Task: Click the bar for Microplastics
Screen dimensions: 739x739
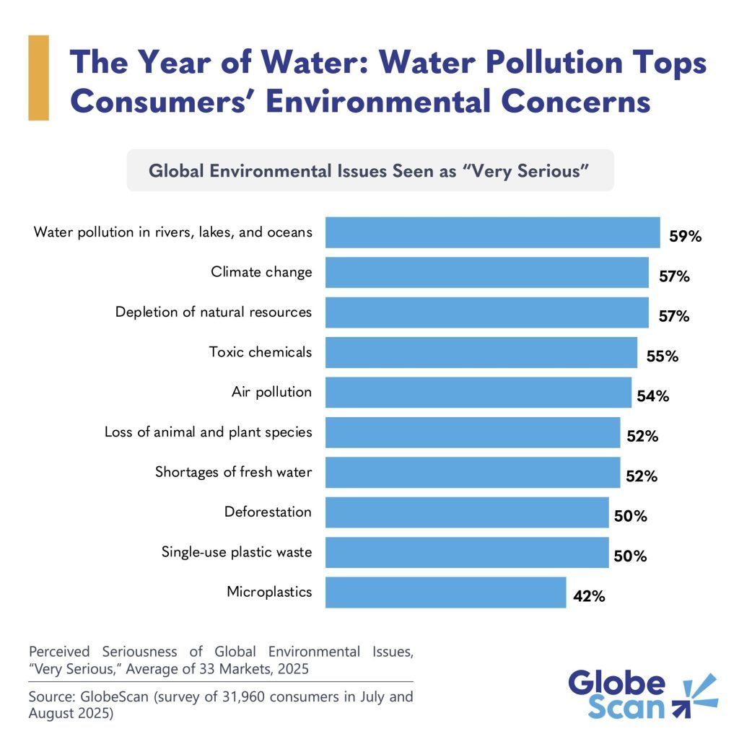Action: click(445, 592)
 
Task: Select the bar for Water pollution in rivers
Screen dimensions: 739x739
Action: click(492, 232)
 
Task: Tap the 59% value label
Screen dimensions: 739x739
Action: click(685, 236)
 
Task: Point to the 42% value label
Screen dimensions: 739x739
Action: click(590, 597)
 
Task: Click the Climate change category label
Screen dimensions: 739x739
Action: click(261, 272)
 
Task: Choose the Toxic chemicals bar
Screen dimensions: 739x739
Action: click(481, 352)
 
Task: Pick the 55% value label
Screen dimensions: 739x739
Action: click(662, 357)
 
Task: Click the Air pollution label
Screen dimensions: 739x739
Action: click(271, 392)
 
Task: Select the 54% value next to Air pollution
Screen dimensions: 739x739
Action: click(652, 396)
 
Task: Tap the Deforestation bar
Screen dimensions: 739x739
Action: click(467, 512)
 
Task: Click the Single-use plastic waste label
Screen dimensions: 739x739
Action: click(237, 552)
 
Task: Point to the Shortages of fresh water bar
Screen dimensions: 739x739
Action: click(472, 473)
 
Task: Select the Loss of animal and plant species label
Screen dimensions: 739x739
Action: click(208, 432)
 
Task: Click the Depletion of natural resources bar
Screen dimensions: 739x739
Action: click(486, 312)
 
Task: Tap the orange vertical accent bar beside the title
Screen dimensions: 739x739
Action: click(38, 77)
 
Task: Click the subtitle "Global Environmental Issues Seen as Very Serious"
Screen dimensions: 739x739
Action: click(369, 171)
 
